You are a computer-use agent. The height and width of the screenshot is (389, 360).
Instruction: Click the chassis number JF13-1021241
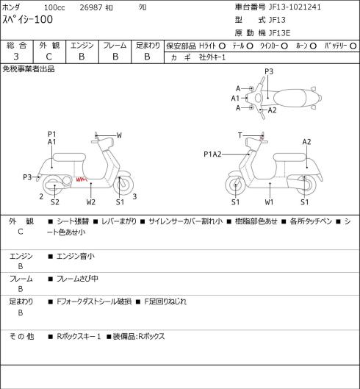click(295, 7)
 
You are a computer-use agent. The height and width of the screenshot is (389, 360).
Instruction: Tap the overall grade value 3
click(16, 57)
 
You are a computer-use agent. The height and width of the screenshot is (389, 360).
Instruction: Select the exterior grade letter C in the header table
click(48, 57)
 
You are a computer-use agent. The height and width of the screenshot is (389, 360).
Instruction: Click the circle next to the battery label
click(353, 46)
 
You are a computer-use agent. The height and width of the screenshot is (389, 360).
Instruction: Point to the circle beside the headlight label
click(222, 46)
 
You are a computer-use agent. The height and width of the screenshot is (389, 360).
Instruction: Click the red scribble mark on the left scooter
click(82, 179)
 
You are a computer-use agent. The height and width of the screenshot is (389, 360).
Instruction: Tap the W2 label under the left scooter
click(91, 202)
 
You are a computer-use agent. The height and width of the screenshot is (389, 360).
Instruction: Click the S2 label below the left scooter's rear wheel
click(55, 202)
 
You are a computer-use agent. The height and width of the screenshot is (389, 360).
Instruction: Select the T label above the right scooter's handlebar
click(240, 135)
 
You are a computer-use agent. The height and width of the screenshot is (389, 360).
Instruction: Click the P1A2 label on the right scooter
click(212, 154)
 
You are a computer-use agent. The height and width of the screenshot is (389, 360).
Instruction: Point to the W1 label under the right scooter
click(269, 202)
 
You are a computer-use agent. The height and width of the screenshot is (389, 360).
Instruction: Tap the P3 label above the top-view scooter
click(269, 71)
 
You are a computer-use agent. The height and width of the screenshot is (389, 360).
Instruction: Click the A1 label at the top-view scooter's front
click(235, 99)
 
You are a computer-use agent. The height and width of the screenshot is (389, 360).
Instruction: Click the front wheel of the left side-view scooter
click(123, 185)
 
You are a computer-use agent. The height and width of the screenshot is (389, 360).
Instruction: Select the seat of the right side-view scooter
click(289, 157)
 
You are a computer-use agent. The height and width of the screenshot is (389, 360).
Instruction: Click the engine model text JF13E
click(279, 33)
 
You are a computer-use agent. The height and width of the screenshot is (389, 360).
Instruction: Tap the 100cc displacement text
click(54, 7)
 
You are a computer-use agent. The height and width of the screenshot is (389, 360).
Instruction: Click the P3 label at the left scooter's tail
click(27, 177)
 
